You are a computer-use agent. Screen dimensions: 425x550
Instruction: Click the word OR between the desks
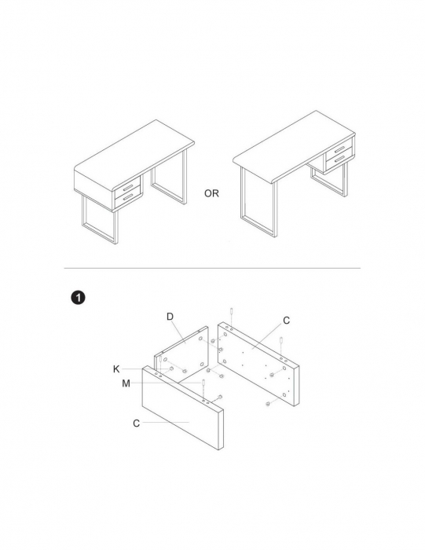coord(211,193)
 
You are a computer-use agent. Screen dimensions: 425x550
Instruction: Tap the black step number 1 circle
coord(78,298)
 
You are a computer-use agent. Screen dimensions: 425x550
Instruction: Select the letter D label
coord(170,317)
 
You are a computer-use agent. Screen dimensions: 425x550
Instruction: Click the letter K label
coord(116,369)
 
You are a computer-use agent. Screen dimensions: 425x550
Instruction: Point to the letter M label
coord(126,383)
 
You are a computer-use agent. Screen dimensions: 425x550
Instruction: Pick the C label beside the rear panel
coord(287,321)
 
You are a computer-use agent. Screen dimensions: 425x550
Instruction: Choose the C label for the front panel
coord(137,423)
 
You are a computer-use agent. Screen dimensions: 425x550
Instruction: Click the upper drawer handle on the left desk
coord(128,187)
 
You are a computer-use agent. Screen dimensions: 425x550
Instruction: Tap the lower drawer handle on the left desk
coord(128,197)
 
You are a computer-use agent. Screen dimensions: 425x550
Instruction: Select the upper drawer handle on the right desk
coord(340,149)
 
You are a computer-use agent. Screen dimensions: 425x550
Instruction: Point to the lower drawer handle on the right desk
coord(340,159)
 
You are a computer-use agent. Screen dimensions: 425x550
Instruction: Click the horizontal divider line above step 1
coord(212,269)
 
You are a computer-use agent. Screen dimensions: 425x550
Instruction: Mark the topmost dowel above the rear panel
coord(232,311)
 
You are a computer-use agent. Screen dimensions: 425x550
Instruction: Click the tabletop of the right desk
coord(294,146)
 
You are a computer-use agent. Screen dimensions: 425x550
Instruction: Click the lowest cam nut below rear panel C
coord(268,404)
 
